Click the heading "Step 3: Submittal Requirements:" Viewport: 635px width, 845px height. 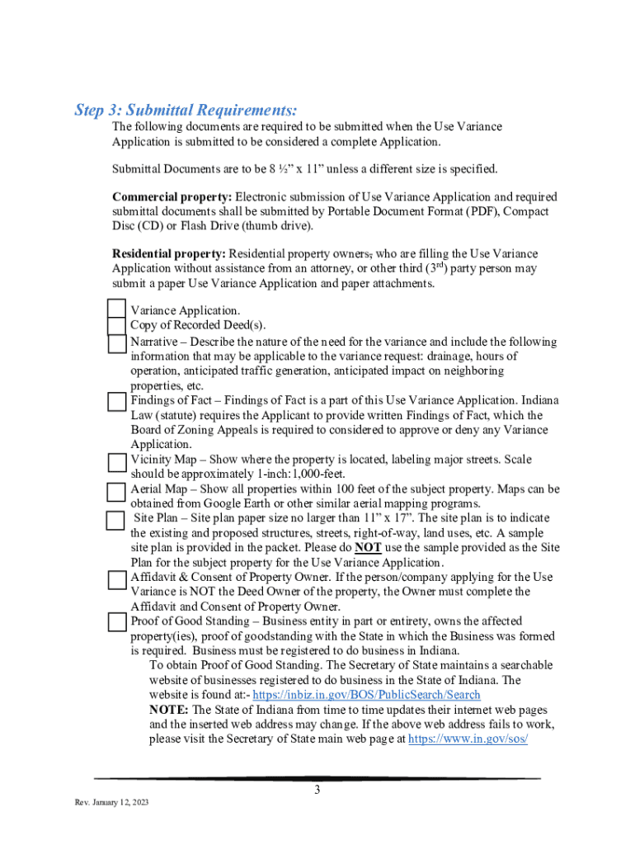point(186,111)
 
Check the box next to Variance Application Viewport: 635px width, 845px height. point(117,309)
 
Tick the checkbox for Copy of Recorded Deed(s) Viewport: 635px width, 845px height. point(117,325)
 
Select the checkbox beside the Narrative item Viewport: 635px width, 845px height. point(117,342)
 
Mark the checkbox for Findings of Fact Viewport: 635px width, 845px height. point(117,401)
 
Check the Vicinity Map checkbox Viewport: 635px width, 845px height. point(117,460)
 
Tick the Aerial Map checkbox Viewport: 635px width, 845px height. point(117,490)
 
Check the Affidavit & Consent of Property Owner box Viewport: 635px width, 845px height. point(117,579)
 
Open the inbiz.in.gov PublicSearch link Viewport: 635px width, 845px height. point(366,696)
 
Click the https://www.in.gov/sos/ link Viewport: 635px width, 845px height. point(468,739)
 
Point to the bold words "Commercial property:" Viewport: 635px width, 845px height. point(172,197)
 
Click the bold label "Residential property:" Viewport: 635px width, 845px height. point(169,254)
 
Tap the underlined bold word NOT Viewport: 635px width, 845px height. point(368,548)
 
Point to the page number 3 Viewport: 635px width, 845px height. point(317,791)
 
